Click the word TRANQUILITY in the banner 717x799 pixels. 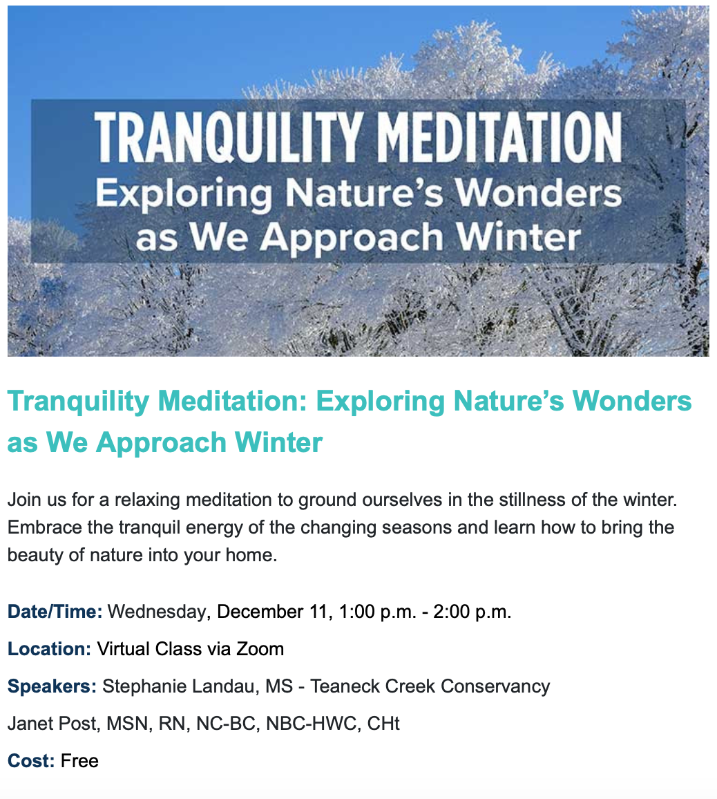coord(228,138)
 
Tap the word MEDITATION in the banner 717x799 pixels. coord(501,138)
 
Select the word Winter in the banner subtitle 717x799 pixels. coord(518,237)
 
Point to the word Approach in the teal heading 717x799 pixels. coord(162,443)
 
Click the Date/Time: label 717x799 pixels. coord(55,612)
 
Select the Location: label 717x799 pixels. coord(50,649)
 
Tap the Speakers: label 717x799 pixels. coord(52,686)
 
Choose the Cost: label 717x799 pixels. coord(31,761)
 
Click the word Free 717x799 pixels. coord(79,761)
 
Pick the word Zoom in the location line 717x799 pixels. coord(260,649)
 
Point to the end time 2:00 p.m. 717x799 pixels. coord(472,612)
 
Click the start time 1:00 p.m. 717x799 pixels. coord(377,612)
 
